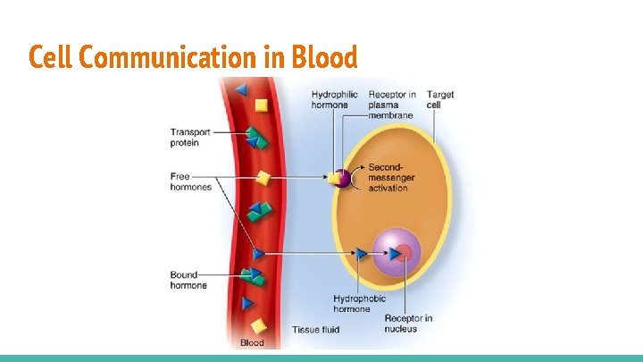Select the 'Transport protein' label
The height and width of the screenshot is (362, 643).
[190, 138]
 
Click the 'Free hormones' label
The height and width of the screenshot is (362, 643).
[190, 182]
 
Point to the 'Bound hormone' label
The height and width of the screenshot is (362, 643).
[188, 280]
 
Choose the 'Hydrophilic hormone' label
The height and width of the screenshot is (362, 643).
[334, 99]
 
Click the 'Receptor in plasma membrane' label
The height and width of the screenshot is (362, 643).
[391, 105]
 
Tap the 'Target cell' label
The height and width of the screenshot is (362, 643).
[439, 99]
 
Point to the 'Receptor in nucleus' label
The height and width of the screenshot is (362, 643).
[408, 324]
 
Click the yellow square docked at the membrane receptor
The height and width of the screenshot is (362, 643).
[334, 178]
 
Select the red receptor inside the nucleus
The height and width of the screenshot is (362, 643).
[404, 254]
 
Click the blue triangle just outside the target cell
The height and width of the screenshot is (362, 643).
[361, 254]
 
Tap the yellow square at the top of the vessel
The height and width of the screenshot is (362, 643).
[261, 105]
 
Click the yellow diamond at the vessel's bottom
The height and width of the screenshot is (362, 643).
[258, 326]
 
